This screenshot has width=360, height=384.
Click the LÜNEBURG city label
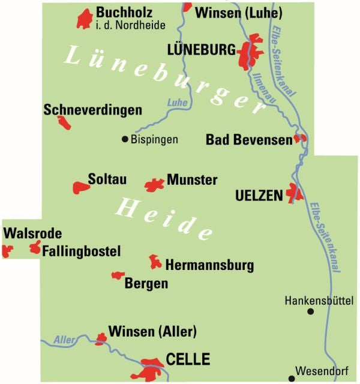coord(202,50)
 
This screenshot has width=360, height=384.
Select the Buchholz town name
coord(124,13)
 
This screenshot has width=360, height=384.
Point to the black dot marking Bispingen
coord(125,139)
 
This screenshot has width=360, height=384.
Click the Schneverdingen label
coord(93,110)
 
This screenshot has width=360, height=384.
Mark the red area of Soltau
coord(80,187)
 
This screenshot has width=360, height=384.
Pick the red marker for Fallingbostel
coord(35,247)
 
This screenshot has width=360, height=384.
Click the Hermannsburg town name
coord(209,265)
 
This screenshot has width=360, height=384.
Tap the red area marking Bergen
coord(117,275)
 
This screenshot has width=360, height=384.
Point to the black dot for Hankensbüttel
coord(310,311)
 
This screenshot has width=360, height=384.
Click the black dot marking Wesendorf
coord(292,378)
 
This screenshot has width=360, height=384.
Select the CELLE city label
coord(188,359)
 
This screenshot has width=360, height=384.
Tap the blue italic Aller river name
coord(64,340)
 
